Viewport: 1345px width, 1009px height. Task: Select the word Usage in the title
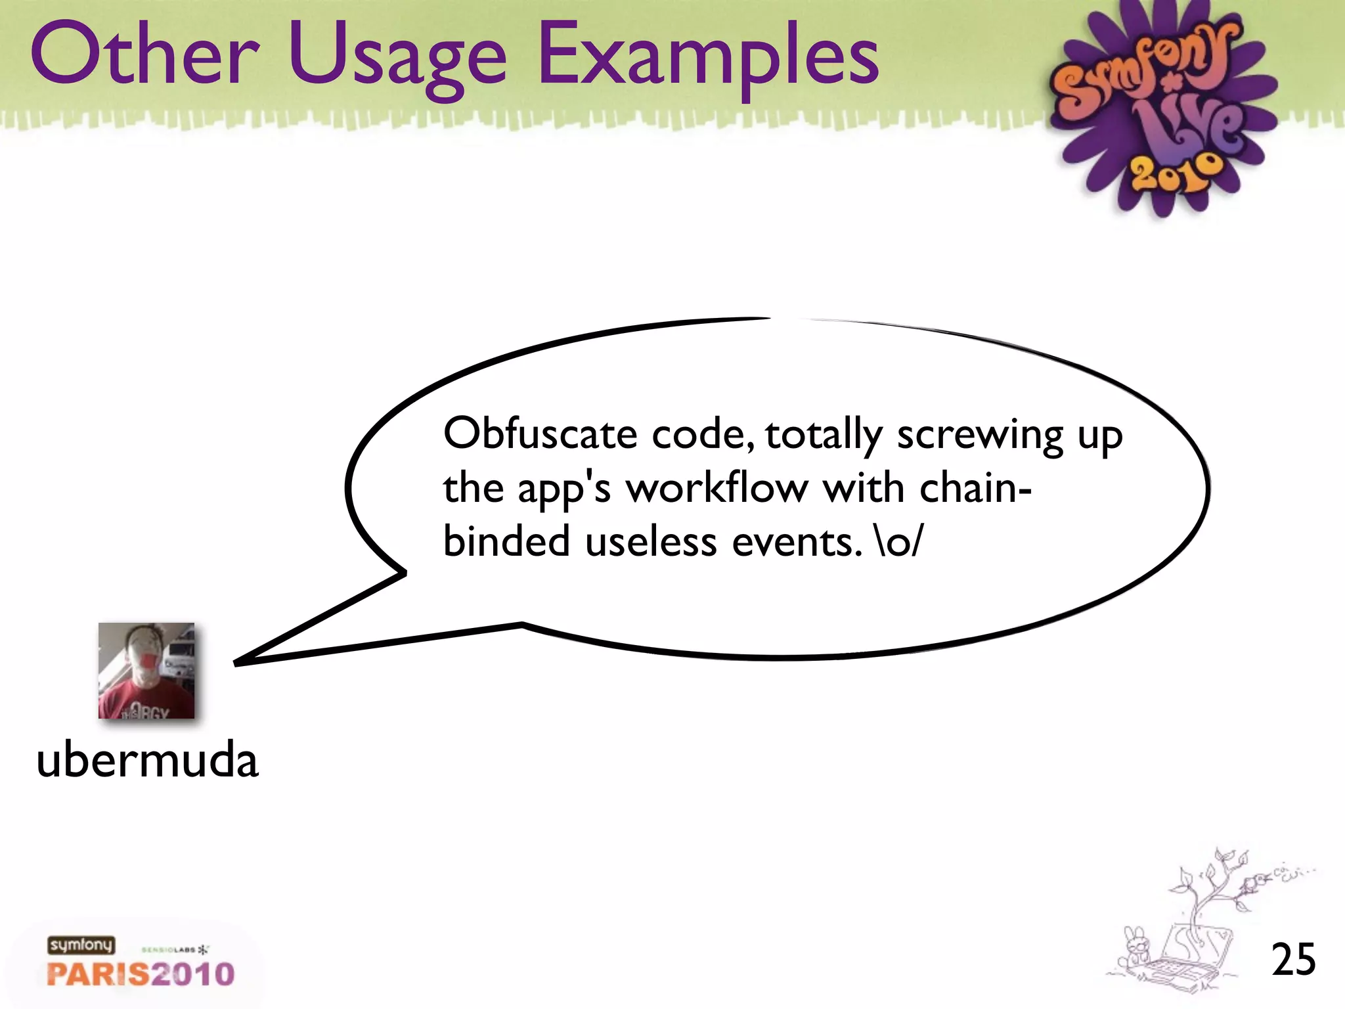point(397,59)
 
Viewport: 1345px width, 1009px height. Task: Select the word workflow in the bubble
point(717,489)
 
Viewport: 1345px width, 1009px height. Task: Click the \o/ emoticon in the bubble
point(899,543)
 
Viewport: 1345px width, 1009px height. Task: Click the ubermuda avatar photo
point(146,671)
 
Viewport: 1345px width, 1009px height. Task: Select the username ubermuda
point(147,760)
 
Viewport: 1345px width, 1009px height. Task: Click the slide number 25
point(1293,960)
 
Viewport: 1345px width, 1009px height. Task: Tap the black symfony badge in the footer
point(81,945)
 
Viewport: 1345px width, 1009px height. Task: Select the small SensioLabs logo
point(175,950)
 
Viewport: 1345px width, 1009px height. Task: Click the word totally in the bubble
point(824,435)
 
